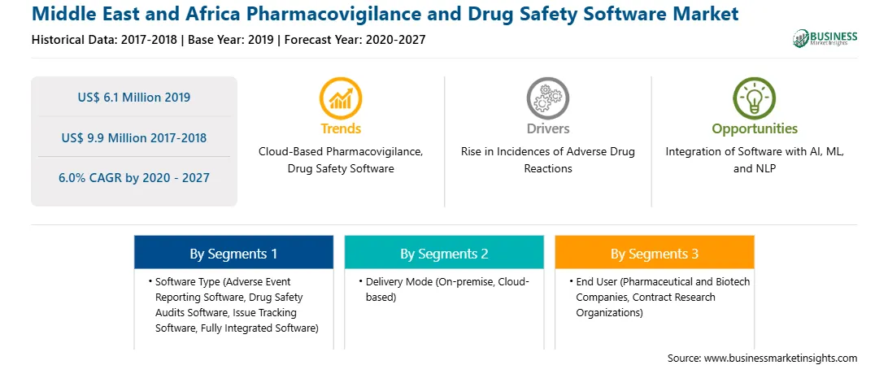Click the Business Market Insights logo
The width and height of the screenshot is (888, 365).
[x=825, y=38]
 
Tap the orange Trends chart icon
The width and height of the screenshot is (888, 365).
[x=341, y=98]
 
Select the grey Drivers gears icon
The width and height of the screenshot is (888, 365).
[x=547, y=98]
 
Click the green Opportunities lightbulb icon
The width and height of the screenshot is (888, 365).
[x=755, y=98]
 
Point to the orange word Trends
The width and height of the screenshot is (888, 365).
[x=341, y=128]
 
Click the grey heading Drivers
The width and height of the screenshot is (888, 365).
[x=547, y=128]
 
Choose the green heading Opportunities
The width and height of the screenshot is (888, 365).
[x=755, y=129]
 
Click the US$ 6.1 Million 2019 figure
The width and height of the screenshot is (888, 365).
[x=134, y=98]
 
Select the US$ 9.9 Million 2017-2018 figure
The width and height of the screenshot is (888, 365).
[x=134, y=137]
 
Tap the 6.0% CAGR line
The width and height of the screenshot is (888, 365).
[x=134, y=178]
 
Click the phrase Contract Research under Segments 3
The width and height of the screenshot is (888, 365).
[x=674, y=297]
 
